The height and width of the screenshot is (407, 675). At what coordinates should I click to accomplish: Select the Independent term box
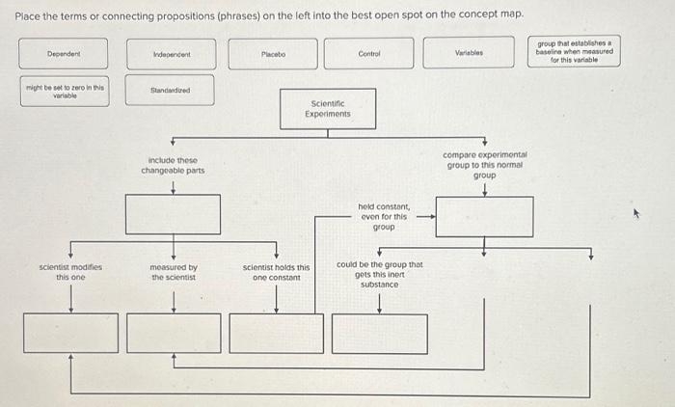(170, 53)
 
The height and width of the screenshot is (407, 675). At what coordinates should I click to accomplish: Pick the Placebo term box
(273, 53)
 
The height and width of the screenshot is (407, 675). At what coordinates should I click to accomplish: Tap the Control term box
(368, 53)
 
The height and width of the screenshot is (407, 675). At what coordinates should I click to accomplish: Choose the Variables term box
(468, 53)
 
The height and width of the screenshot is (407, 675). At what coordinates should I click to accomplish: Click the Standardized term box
(170, 92)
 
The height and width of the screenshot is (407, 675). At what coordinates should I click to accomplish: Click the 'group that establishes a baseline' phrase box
(574, 51)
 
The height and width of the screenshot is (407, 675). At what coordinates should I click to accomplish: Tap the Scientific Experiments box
(328, 108)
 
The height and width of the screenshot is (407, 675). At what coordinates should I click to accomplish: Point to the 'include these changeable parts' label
(173, 165)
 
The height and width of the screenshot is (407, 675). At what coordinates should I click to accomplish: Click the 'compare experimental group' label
(484, 165)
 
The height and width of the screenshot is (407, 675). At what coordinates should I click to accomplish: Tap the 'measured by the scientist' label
(174, 272)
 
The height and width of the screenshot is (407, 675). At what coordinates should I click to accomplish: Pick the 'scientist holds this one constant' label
(277, 272)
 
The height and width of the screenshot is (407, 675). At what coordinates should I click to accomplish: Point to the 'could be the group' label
(380, 274)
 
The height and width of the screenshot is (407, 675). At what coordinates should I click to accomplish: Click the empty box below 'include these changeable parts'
(173, 214)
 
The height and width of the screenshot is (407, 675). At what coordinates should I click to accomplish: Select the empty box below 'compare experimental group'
(484, 216)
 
